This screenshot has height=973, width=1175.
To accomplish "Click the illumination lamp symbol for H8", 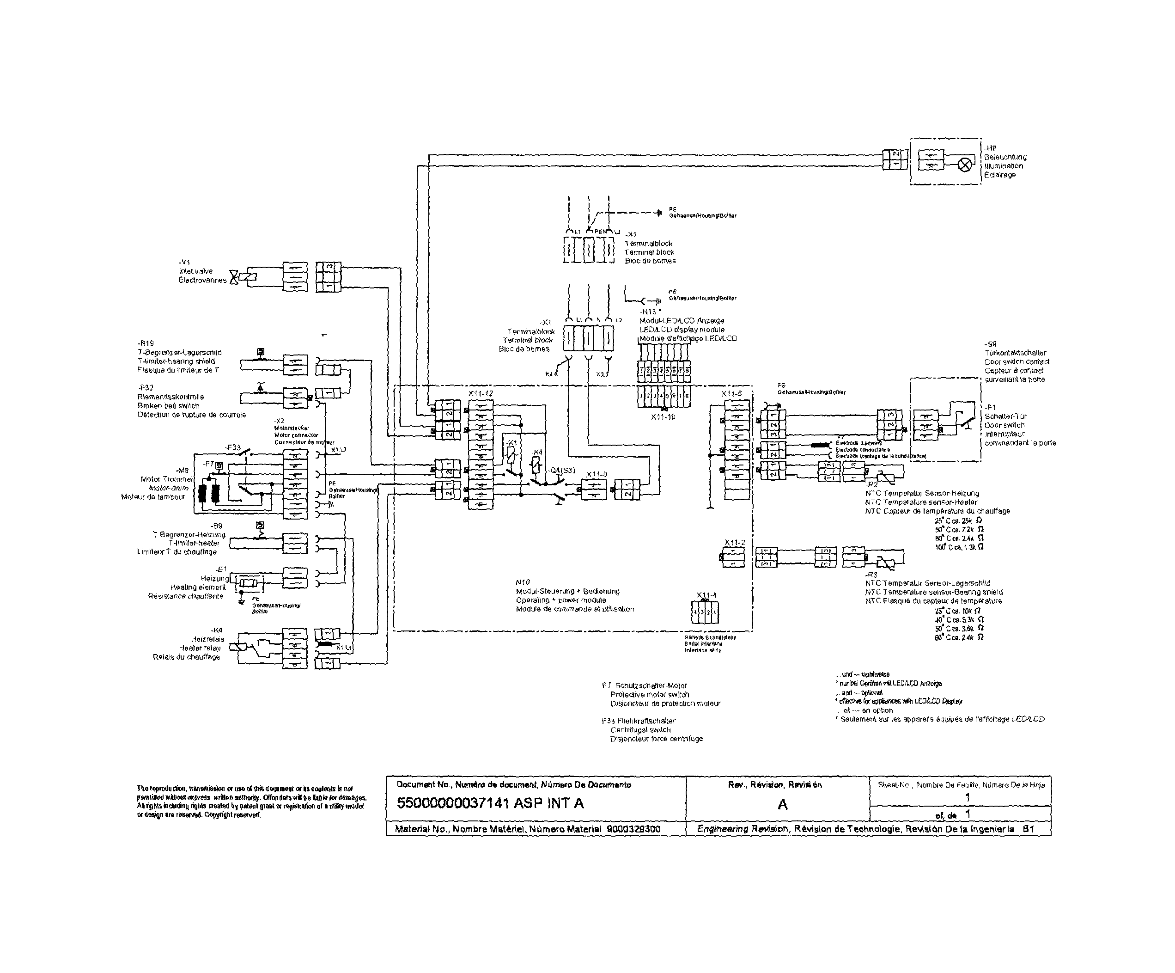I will click(965, 165).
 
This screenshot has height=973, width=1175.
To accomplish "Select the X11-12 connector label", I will click(481, 393).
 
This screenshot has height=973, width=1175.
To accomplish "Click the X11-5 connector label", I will click(732, 393).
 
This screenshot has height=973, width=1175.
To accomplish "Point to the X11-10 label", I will click(663, 417).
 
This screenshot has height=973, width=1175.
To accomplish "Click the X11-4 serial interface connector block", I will click(706, 612).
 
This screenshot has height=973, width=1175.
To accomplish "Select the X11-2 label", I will click(735, 543).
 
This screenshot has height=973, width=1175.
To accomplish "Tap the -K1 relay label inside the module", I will click(511, 443).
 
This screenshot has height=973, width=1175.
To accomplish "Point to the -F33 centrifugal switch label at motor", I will click(233, 447).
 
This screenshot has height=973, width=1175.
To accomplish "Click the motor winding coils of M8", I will click(210, 493).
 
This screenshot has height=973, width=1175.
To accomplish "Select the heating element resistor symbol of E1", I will click(248, 583).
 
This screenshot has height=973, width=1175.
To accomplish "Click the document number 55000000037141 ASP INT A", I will click(490, 803).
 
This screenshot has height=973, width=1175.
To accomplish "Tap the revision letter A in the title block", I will click(782, 804).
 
